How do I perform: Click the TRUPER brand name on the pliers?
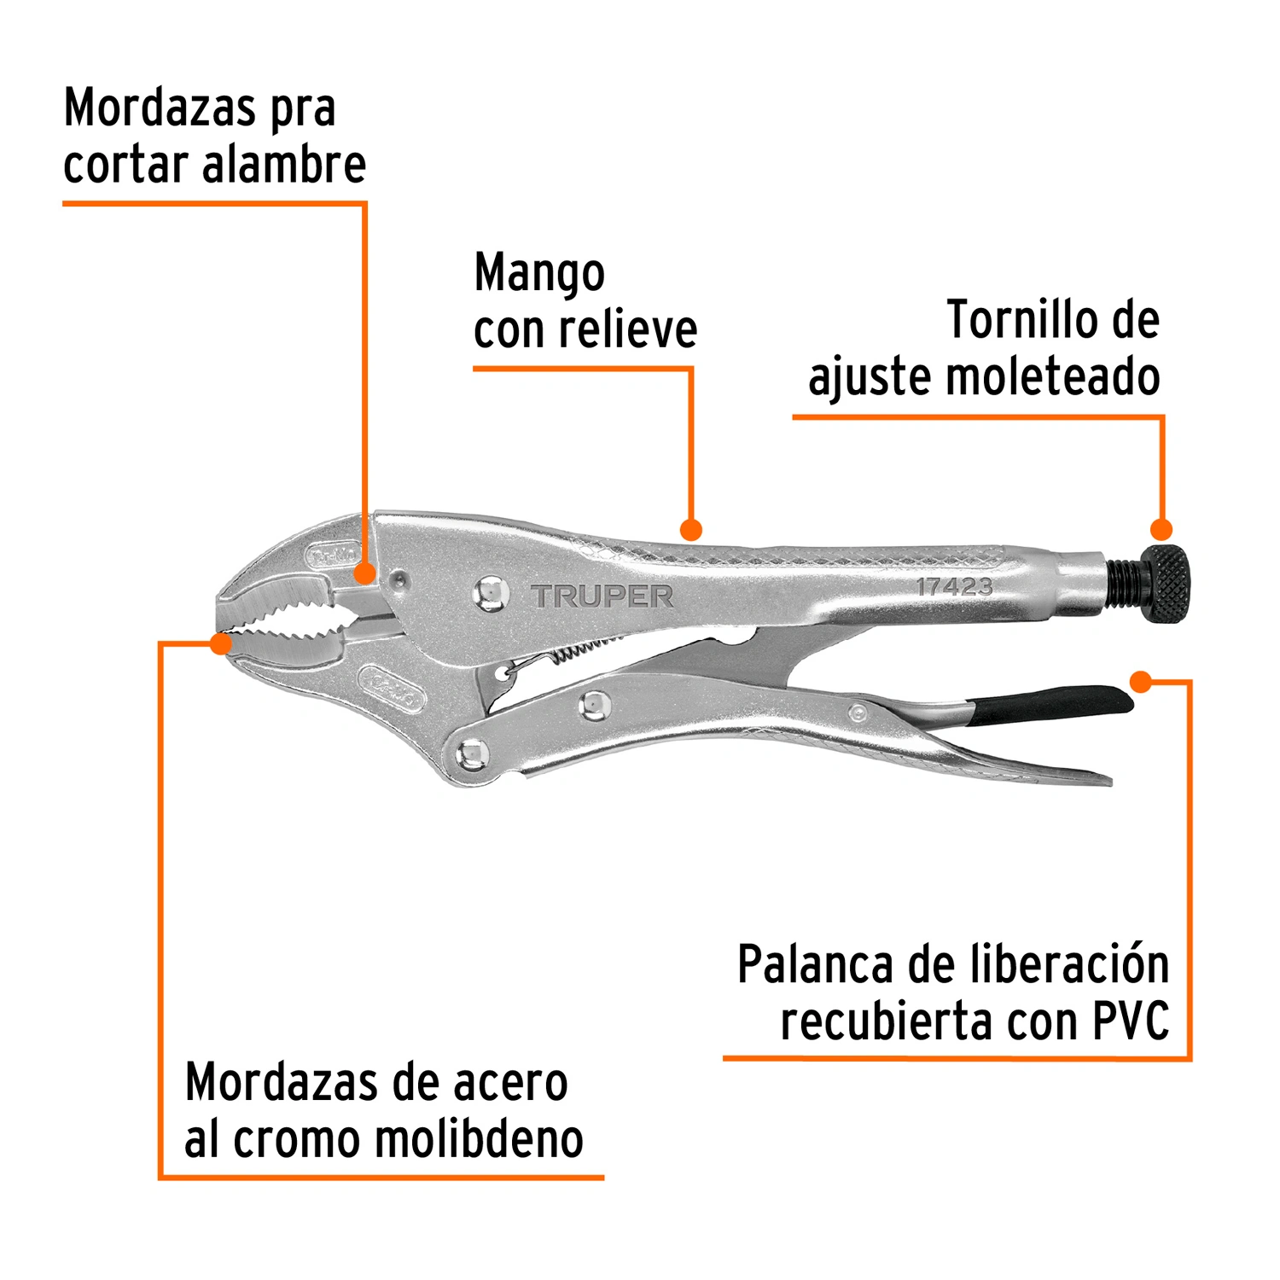[602, 596]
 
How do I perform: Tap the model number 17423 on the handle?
[955, 587]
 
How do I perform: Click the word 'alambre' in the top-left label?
[284, 164]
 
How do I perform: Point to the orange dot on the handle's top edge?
[691, 530]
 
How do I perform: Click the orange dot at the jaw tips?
[221, 643]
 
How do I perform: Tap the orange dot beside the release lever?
[1141, 682]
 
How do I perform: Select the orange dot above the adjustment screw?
[1161, 529]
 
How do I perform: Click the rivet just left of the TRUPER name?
[491, 593]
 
